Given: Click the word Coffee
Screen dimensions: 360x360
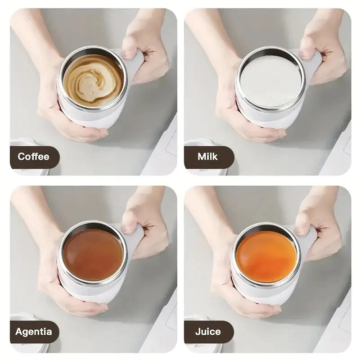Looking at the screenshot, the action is pyautogui.click(x=33, y=157).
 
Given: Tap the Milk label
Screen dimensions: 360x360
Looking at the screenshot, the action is pyautogui.click(x=207, y=157).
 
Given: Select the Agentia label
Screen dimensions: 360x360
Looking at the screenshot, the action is pyautogui.click(x=33, y=332).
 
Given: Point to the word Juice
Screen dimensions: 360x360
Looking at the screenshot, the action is pyautogui.click(x=208, y=332).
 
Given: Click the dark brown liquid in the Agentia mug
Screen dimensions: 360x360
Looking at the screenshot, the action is pyautogui.click(x=93, y=254).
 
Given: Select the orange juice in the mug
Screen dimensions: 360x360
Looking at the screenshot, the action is pyautogui.click(x=266, y=256).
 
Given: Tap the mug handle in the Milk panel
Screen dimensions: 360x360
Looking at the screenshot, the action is pyautogui.click(x=312, y=63).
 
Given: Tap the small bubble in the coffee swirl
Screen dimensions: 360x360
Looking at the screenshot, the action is pyautogui.click(x=93, y=93).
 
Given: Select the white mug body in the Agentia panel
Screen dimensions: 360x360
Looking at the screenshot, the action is pyautogui.click(x=92, y=290).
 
